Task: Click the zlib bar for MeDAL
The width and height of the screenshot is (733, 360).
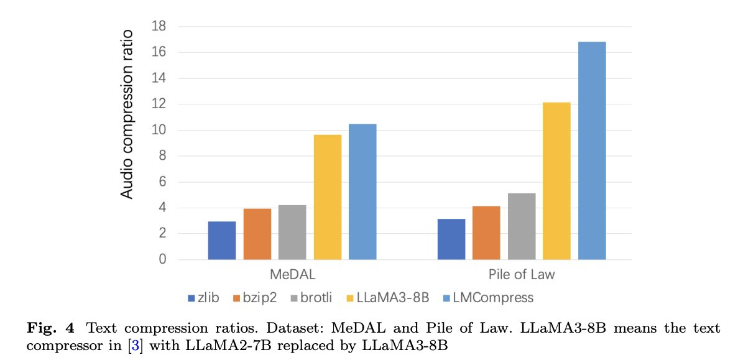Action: [x=222, y=241]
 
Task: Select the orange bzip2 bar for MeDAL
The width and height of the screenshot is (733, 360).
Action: [x=257, y=234]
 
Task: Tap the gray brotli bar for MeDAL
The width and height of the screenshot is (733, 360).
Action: [x=292, y=233]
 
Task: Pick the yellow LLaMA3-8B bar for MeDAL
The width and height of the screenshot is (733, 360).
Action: [x=327, y=197]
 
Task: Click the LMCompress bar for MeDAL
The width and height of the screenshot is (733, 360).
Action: [x=362, y=192]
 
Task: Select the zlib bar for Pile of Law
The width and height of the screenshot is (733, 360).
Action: [x=451, y=239]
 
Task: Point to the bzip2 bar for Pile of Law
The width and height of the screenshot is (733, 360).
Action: [x=486, y=233]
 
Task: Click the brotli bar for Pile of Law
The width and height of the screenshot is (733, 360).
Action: [x=522, y=226]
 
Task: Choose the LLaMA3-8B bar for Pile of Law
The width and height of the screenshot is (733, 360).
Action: [x=556, y=181]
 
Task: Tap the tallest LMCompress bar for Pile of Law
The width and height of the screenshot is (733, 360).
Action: [x=592, y=150]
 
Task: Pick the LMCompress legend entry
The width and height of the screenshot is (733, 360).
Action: [x=496, y=298]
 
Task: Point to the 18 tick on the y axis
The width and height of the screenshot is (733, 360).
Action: [x=159, y=27]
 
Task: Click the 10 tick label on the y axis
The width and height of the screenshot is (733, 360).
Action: [x=159, y=131]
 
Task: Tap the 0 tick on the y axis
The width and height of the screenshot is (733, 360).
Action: [x=162, y=260]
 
